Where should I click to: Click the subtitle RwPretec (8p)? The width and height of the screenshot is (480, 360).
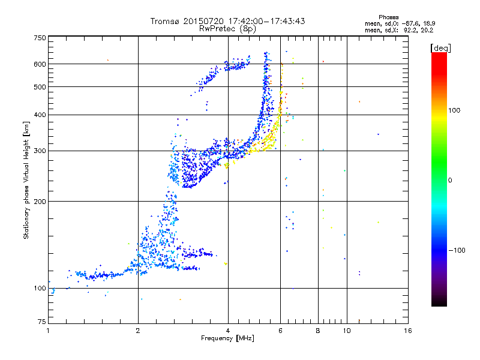pos(228,28)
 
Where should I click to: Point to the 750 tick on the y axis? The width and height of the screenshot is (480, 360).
pos(40,37)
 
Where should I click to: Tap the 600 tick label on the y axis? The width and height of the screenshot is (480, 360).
pos(40,64)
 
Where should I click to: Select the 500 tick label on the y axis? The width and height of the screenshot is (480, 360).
pos(40,87)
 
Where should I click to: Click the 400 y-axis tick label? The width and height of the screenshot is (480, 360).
pos(40,115)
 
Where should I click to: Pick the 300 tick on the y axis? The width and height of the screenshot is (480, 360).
pos(40,151)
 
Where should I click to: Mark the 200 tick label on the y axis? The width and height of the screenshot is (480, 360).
pos(40,202)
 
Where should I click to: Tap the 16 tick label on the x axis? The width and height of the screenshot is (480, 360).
pos(408,331)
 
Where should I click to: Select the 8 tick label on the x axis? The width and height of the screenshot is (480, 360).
pos(318,331)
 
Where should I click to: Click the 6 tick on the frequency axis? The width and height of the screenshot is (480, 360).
pos(280,331)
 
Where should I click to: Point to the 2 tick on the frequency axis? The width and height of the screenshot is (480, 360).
pos(138,331)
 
